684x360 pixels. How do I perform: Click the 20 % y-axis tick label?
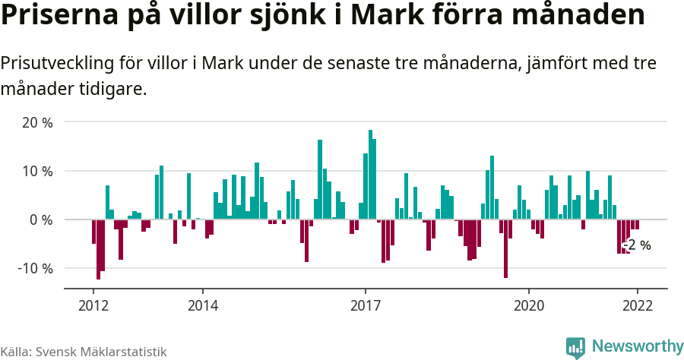coord(37,122)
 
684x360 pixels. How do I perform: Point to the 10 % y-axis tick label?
coord(37,171)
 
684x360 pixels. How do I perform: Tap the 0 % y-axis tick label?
coord(41,219)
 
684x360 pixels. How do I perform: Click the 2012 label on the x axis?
coord(93,305)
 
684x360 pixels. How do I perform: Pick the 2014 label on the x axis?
coord(202,305)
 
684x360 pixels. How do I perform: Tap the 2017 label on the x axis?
coord(366,305)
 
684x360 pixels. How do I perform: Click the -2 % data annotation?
coord(638,245)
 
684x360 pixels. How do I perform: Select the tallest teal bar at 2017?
coord(370,175)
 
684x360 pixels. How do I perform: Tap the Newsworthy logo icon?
coord(575,347)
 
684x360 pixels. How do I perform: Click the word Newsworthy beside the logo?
coord(638,346)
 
